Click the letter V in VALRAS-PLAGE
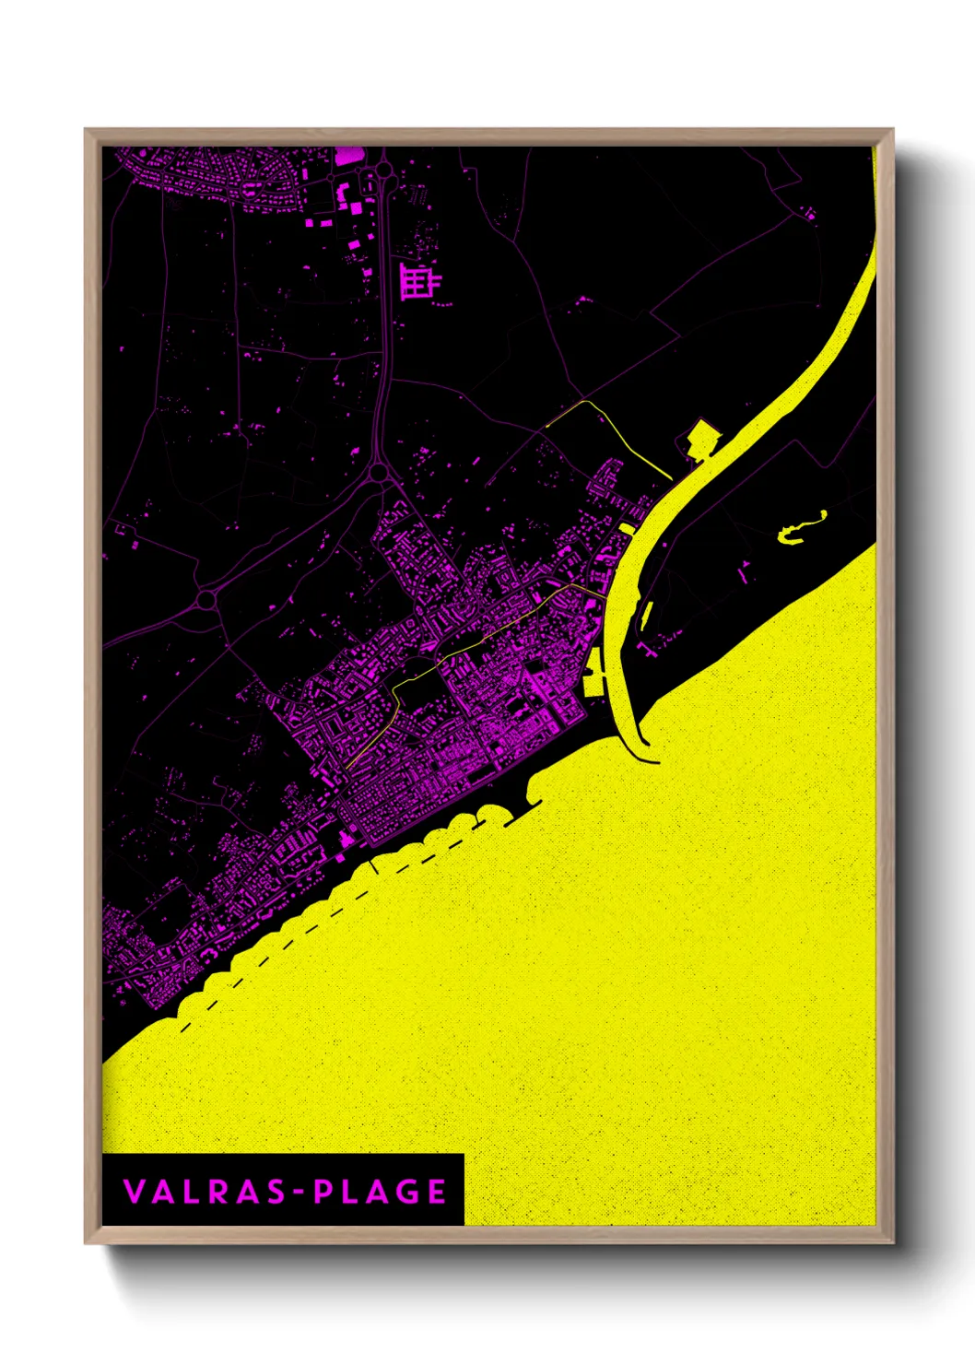(x=135, y=1191)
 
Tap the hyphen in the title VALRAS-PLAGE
(x=298, y=1192)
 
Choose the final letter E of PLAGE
(x=437, y=1191)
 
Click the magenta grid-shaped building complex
(x=418, y=280)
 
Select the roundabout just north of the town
(x=377, y=473)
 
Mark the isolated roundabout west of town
(x=206, y=599)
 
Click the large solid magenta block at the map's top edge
(x=347, y=155)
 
